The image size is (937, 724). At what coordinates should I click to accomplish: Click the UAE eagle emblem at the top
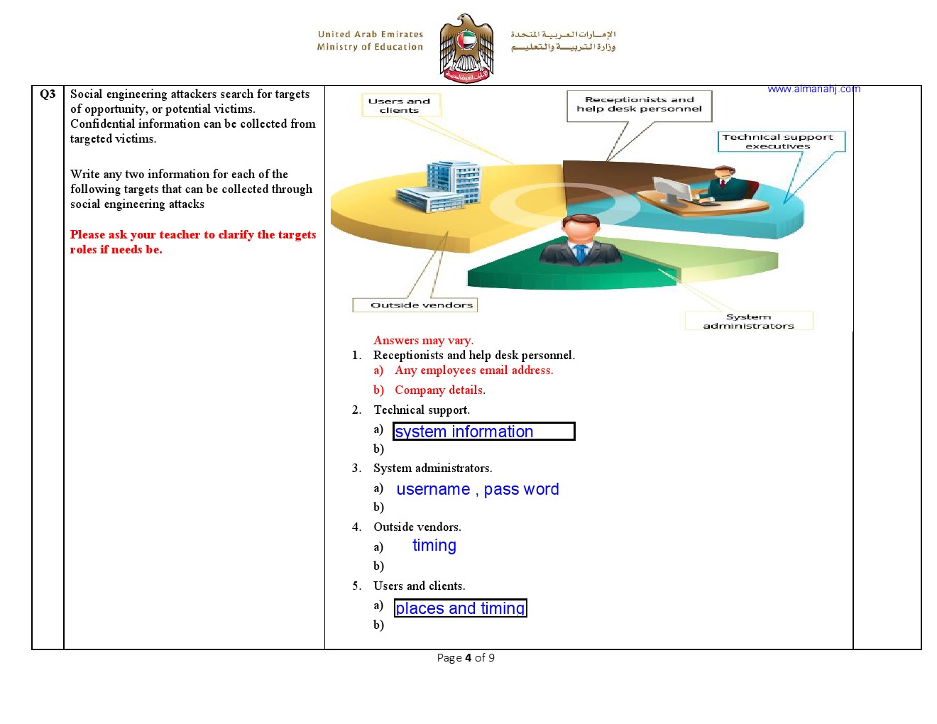(x=466, y=48)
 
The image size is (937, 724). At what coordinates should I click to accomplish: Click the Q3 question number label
(x=48, y=94)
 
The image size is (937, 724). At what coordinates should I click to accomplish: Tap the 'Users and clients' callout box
(x=400, y=105)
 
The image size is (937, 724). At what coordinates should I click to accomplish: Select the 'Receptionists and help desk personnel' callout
(x=639, y=105)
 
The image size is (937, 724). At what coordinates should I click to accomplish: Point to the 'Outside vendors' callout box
(x=415, y=305)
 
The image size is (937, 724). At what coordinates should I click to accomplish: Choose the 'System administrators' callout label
(x=748, y=321)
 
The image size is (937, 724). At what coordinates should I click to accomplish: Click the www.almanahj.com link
(x=813, y=89)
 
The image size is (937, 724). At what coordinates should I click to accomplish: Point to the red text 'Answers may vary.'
(x=423, y=341)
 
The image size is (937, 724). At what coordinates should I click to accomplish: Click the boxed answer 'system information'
(x=483, y=432)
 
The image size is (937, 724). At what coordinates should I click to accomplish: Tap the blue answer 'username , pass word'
(x=477, y=489)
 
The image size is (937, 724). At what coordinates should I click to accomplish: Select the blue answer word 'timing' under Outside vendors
(x=434, y=545)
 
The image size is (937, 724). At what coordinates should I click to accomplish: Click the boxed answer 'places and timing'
(x=460, y=608)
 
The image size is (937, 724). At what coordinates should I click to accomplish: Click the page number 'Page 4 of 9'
(x=466, y=658)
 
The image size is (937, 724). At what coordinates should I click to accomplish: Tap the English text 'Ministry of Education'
(x=370, y=47)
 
